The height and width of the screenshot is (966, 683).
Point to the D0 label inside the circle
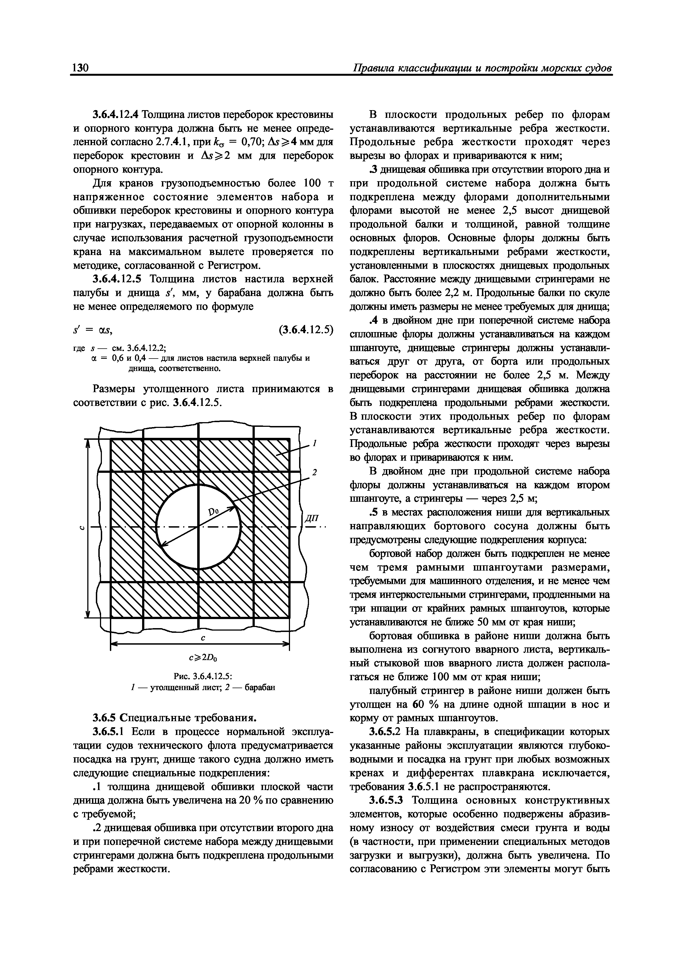click(214, 512)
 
